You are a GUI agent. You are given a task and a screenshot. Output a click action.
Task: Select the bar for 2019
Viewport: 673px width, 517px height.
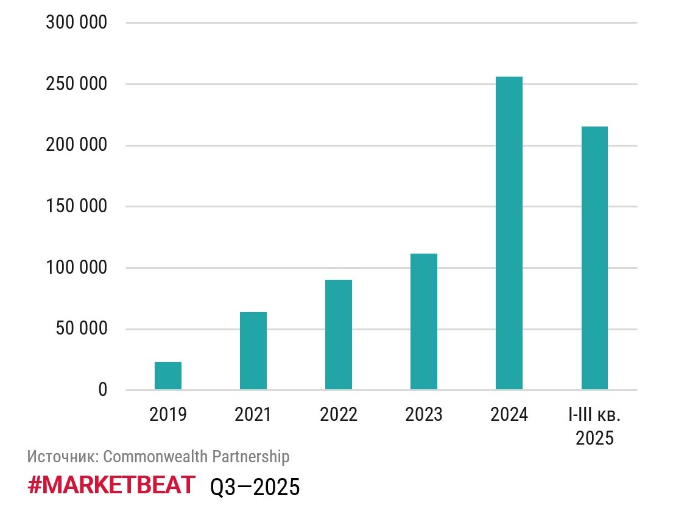click(x=168, y=376)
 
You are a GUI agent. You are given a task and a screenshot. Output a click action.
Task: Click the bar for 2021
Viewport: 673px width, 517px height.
click(x=253, y=351)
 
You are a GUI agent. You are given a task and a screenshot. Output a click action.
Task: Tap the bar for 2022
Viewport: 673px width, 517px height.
click(x=339, y=335)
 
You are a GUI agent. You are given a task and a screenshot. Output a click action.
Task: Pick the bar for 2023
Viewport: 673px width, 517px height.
click(x=424, y=322)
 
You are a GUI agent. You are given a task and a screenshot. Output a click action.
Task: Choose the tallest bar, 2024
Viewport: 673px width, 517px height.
click(x=509, y=233)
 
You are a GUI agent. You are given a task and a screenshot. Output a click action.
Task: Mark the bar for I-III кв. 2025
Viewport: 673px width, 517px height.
click(x=594, y=258)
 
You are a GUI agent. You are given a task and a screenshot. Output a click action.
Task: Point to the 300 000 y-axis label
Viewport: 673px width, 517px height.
click(x=76, y=23)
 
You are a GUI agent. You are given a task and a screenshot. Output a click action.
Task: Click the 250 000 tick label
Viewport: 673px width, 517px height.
click(x=76, y=84)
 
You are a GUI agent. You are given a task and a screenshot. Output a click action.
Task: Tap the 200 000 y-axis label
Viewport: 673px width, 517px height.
click(x=76, y=145)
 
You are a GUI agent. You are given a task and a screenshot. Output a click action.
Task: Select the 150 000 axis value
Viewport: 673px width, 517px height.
click(x=76, y=207)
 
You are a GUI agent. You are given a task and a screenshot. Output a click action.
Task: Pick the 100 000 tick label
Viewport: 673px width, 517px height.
click(x=76, y=268)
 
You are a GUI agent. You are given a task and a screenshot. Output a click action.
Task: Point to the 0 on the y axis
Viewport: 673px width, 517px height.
click(x=102, y=390)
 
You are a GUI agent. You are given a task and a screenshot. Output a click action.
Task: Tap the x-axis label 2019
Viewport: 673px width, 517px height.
click(x=168, y=415)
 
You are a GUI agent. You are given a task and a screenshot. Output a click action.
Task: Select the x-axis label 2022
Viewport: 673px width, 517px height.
click(x=339, y=415)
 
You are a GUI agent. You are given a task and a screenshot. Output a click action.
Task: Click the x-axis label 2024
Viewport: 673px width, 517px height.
click(x=509, y=415)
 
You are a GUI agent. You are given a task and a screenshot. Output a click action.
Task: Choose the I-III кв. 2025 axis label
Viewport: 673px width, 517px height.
click(x=594, y=426)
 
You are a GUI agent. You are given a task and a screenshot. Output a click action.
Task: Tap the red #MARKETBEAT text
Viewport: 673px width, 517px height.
click(x=111, y=485)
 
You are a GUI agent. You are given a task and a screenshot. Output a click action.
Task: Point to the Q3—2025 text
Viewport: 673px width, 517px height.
click(x=255, y=487)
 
